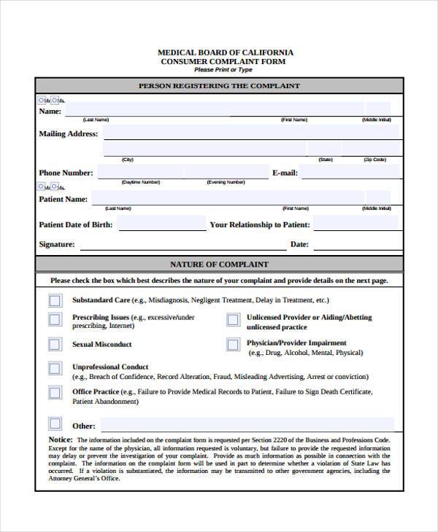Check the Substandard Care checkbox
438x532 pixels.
pyautogui.click(x=55, y=300)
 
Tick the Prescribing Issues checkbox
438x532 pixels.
pyautogui.click(x=55, y=319)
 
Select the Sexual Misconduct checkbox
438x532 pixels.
pyautogui.click(x=55, y=345)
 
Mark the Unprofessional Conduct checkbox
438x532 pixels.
pyautogui.click(x=55, y=368)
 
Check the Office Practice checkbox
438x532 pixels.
pyautogui.click(x=55, y=393)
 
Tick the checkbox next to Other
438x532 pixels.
pyautogui.click(x=55, y=424)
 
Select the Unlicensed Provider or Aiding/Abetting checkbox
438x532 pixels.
pyautogui.click(x=232, y=319)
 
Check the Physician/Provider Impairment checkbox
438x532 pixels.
pyautogui.click(x=232, y=345)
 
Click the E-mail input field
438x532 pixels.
pyautogui.click(x=350, y=173)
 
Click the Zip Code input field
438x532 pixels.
pyautogui.click(x=372, y=149)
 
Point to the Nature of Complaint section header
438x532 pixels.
pyautogui.click(x=219, y=265)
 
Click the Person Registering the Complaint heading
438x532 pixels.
pyautogui.click(x=219, y=86)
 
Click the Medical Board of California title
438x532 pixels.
pyautogui.click(x=226, y=52)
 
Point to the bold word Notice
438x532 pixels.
pyautogui.click(x=61, y=440)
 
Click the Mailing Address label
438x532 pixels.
pyautogui.click(x=68, y=134)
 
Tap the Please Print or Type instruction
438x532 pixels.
pyautogui.click(x=223, y=70)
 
